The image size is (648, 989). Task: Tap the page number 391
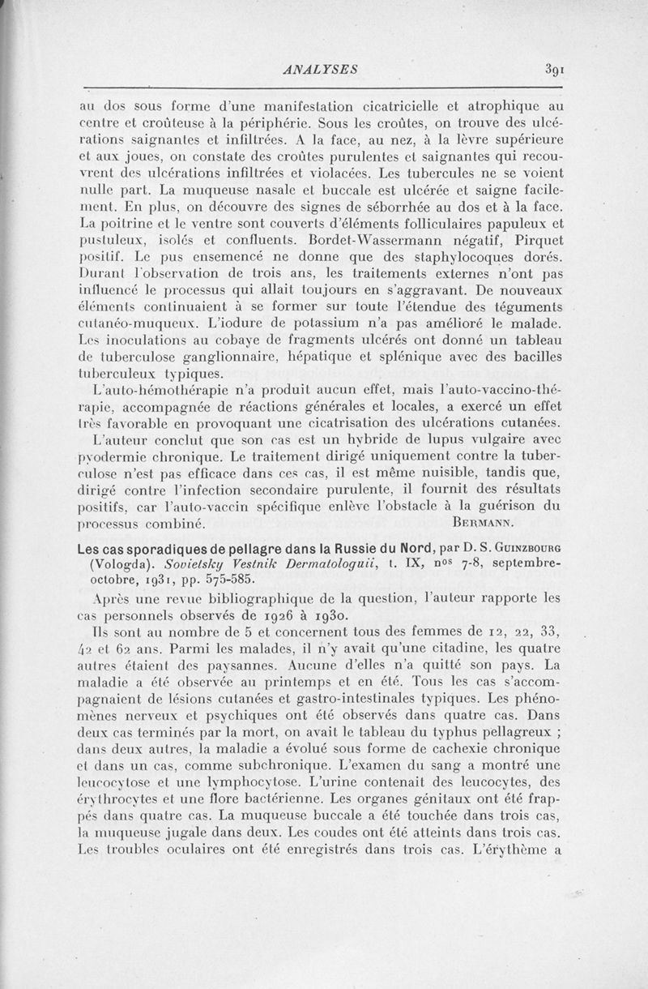[x=555, y=70]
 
